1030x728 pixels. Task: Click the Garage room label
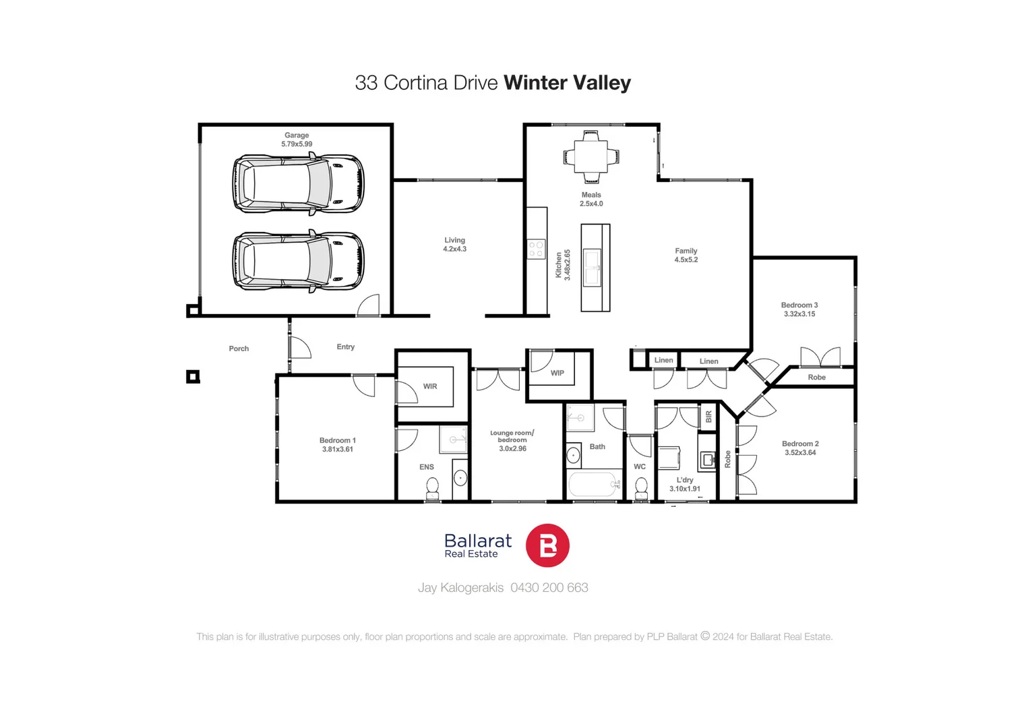click(x=297, y=135)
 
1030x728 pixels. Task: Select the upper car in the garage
click(x=298, y=184)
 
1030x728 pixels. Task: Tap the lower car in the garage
click(x=298, y=262)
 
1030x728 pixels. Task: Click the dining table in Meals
click(x=591, y=157)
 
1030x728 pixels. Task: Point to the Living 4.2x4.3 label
click(x=455, y=245)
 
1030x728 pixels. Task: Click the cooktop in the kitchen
click(x=537, y=249)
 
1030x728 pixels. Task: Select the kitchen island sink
click(x=593, y=268)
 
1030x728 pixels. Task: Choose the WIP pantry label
click(x=557, y=373)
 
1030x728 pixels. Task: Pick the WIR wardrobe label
click(x=430, y=386)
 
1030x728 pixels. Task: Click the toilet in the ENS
click(x=433, y=487)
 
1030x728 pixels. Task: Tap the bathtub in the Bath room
click(x=593, y=484)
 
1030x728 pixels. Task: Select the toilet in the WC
click(x=642, y=487)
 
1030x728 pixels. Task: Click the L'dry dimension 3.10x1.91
click(x=685, y=489)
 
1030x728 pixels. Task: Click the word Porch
click(x=239, y=348)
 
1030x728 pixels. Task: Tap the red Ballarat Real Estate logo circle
click(x=547, y=545)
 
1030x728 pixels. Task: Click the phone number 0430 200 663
click(x=549, y=588)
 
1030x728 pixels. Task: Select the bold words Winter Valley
click(x=567, y=83)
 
